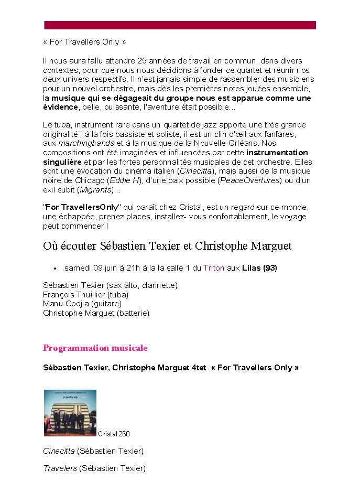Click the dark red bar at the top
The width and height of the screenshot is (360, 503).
tap(180, 25)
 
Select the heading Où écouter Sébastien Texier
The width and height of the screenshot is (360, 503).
tap(167, 246)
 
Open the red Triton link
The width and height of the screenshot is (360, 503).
tap(214, 268)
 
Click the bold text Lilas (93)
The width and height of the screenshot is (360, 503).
tap(259, 268)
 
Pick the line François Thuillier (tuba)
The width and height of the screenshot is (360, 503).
tap(85, 295)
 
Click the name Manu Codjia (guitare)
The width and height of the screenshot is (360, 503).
tap(82, 304)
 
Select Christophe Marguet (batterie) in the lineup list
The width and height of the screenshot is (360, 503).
tap(96, 313)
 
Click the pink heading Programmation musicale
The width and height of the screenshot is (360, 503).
tap(95, 348)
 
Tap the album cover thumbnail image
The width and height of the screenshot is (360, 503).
tap(70, 413)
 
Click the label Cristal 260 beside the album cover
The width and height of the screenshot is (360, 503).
tap(114, 434)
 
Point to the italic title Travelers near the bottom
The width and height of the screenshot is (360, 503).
tap(60, 468)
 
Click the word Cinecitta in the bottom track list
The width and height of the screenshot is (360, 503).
tap(59, 451)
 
